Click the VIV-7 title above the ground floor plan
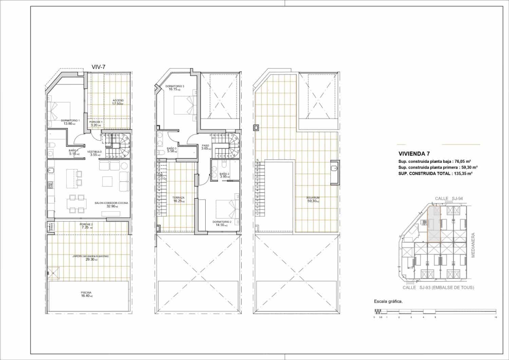[x=98, y=67]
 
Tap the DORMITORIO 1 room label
[x=70, y=122]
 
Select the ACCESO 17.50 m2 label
[x=118, y=102]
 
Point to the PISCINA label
[x=86, y=294]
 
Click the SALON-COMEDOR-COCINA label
[x=111, y=204]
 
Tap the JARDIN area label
[x=90, y=258]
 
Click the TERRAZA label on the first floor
[x=178, y=199]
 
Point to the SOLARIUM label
[x=313, y=199]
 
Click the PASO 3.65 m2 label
[x=206, y=147]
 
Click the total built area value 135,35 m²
[x=464, y=173]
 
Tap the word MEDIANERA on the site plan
[x=473, y=245]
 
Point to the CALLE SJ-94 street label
[x=448, y=198]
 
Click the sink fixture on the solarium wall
[x=334, y=168]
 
